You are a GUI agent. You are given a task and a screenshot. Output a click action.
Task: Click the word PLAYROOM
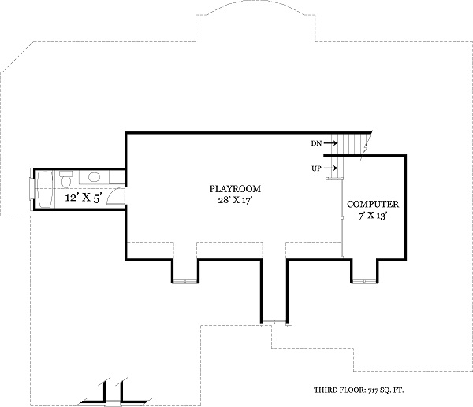point(235,189)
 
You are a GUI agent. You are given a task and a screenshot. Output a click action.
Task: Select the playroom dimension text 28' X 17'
point(235,202)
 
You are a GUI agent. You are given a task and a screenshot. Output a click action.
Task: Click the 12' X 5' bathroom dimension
point(83,198)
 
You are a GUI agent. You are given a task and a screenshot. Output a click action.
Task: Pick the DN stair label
point(316,143)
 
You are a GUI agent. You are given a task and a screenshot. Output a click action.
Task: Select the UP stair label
point(316,168)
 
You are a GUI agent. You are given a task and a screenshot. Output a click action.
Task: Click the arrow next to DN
point(331,143)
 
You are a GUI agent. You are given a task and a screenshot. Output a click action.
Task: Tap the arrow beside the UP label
point(331,168)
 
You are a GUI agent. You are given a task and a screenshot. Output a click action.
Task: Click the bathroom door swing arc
point(115,193)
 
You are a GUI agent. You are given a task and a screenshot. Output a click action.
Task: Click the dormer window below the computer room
point(364,279)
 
